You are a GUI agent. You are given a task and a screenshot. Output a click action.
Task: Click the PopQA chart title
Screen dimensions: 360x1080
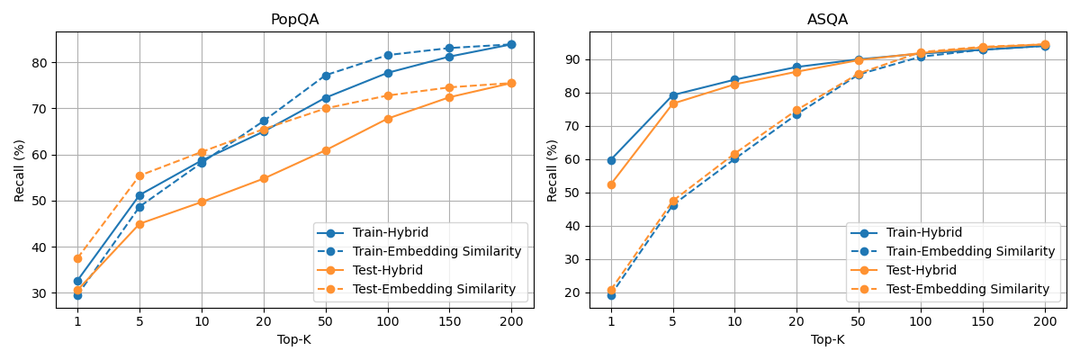click(x=294, y=20)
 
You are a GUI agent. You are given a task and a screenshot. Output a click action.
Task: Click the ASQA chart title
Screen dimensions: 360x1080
click(x=827, y=20)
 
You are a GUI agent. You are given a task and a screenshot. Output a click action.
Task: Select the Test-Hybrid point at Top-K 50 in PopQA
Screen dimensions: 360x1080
click(x=326, y=150)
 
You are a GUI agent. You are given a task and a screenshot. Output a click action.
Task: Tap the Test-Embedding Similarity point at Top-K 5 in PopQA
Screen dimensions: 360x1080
click(x=139, y=175)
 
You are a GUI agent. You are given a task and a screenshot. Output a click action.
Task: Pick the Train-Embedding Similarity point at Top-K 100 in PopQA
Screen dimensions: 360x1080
click(x=388, y=55)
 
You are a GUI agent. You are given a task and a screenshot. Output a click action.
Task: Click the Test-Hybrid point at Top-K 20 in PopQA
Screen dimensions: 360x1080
click(x=264, y=178)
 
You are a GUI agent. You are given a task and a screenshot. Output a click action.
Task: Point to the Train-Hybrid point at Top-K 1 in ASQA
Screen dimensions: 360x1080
click(x=611, y=160)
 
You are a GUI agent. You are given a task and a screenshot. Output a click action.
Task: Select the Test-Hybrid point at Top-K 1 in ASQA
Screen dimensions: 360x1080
click(x=611, y=184)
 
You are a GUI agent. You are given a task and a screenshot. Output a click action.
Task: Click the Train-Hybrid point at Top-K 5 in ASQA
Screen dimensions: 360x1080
click(x=673, y=95)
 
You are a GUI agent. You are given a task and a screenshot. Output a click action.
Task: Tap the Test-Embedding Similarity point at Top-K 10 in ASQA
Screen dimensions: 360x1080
click(x=734, y=154)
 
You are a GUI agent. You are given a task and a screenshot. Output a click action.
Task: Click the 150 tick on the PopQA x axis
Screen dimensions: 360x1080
click(x=449, y=320)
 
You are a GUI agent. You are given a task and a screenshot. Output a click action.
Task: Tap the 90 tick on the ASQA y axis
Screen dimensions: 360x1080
click(x=573, y=59)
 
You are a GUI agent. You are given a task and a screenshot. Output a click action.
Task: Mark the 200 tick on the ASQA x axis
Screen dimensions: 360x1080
click(x=1045, y=320)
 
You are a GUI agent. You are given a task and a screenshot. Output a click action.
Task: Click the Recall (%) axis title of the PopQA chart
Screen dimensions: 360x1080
click(x=19, y=170)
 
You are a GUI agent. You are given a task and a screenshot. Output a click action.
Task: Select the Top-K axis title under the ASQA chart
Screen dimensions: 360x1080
click(x=827, y=339)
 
